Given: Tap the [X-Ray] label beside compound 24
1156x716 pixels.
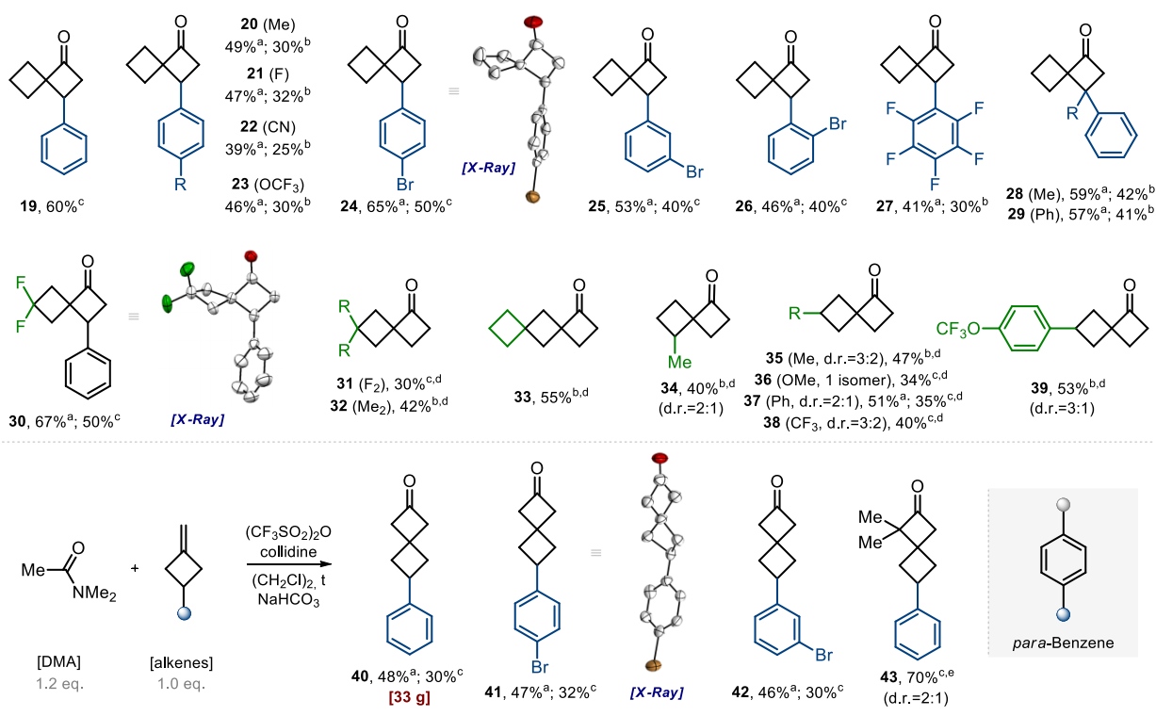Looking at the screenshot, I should coord(488,167).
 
